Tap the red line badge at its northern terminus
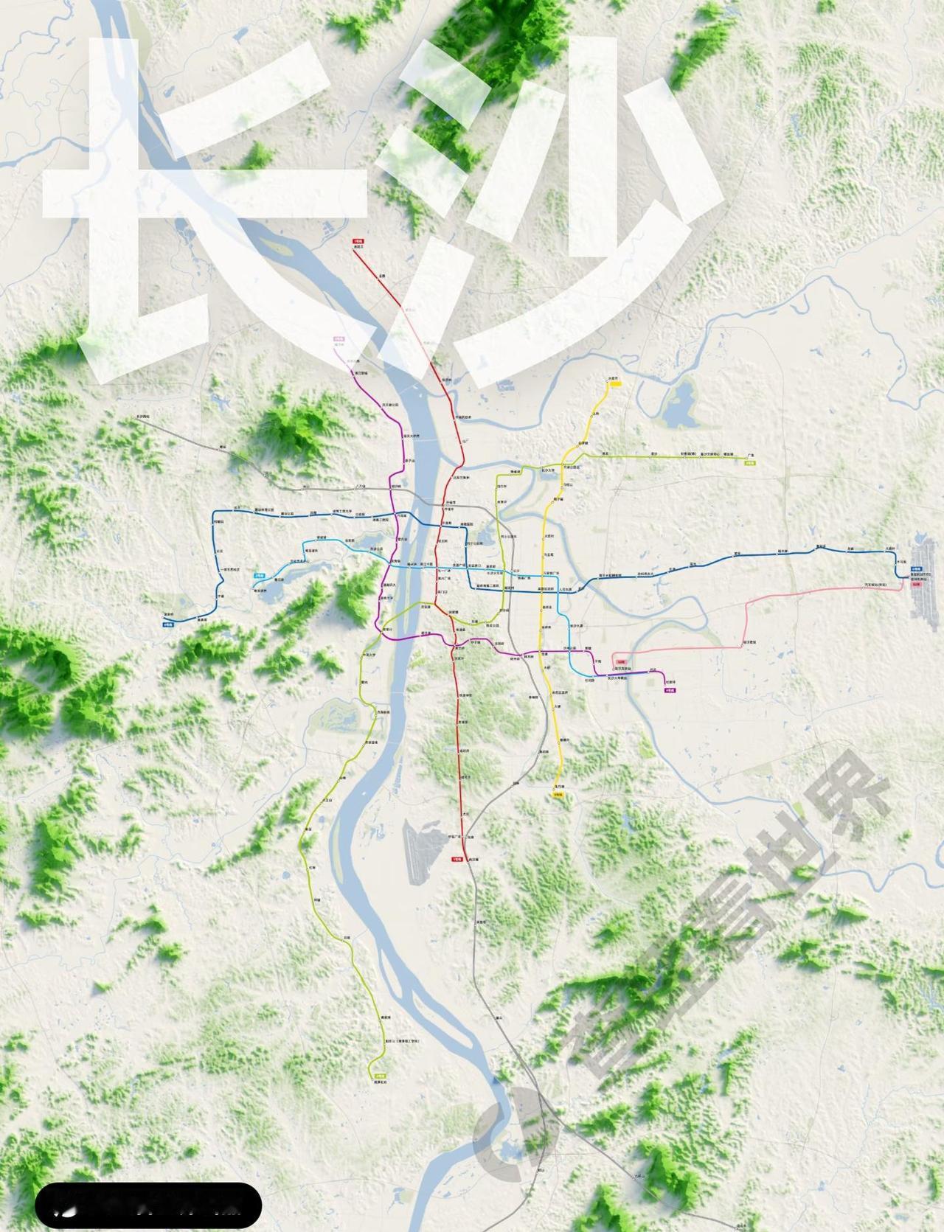[x=358, y=241]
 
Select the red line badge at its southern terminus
[x=457, y=859]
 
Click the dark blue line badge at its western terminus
[x=168, y=623]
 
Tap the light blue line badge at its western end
[x=259, y=575]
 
